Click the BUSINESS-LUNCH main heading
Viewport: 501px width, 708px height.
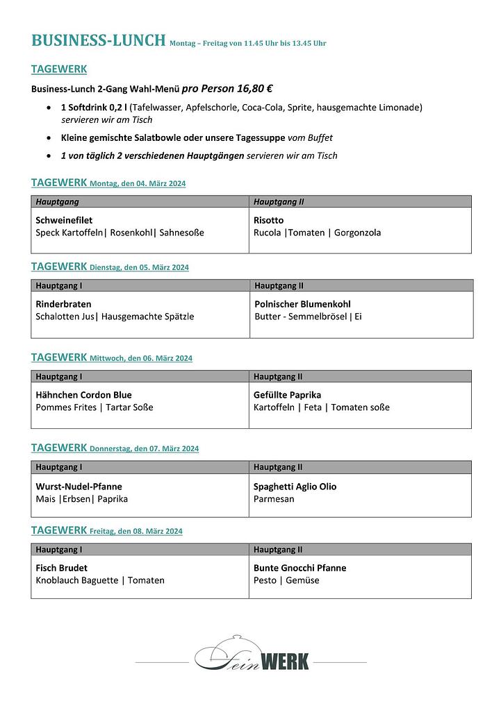(98, 40)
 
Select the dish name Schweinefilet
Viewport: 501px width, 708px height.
(64, 220)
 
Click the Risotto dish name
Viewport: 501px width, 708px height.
(268, 220)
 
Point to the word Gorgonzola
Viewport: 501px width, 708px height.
(357, 233)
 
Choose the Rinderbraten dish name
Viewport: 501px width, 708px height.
(63, 304)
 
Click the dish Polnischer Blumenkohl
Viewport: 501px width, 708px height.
(302, 304)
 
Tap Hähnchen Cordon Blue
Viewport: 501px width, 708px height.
(83, 395)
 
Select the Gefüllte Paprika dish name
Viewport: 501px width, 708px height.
(287, 395)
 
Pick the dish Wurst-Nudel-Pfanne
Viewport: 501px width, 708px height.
(79, 487)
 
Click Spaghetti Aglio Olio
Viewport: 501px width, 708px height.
(295, 487)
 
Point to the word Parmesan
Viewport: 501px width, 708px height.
(274, 499)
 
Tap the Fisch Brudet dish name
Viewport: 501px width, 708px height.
(61, 568)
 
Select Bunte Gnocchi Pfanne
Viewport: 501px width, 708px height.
(299, 568)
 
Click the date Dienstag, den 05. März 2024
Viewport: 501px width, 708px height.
(139, 267)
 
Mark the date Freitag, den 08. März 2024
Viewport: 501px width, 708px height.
(136, 532)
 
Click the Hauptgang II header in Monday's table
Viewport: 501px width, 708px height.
(279, 202)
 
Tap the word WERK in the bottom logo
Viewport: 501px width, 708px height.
(286, 662)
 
